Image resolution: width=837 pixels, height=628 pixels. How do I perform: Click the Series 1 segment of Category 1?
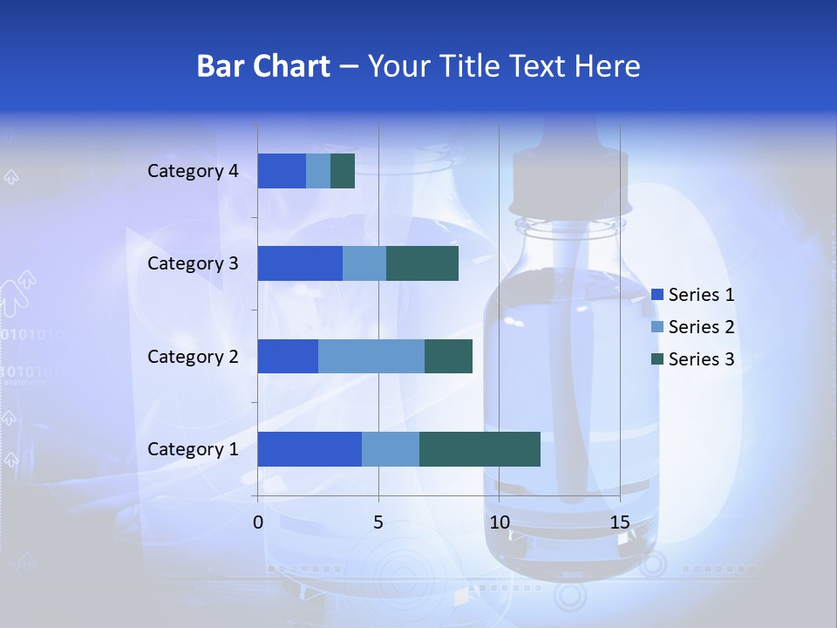tap(310, 448)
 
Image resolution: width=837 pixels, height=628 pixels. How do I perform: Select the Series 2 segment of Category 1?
tap(391, 448)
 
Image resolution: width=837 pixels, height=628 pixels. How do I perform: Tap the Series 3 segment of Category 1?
tap(480, 448)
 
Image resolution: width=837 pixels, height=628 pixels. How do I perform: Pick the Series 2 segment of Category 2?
tap(371, 356)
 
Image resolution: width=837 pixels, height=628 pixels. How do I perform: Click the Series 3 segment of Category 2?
tap(448, 356)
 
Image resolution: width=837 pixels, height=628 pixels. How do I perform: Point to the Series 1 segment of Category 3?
tap(300, 263)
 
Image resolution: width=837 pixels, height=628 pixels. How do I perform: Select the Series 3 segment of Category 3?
tap(422, 263)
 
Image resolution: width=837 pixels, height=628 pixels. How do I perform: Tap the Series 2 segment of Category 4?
tap(318, 171)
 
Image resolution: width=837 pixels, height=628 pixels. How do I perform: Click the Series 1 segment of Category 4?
tap(282, 171)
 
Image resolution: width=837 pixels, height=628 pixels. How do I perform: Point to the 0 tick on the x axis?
tap(258, 523)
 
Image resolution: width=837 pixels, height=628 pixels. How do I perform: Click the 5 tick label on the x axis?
tap(378, 523)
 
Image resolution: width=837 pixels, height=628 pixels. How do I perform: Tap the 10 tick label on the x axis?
tap(499, 523)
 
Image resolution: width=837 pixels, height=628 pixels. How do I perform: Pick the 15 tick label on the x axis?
tap(619, 523)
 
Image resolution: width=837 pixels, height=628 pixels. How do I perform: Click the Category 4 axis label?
tap(193, 171)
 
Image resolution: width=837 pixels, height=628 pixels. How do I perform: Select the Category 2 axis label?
tap(193, 356)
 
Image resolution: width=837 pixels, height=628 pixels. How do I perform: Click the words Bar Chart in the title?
tap(263, 66)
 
